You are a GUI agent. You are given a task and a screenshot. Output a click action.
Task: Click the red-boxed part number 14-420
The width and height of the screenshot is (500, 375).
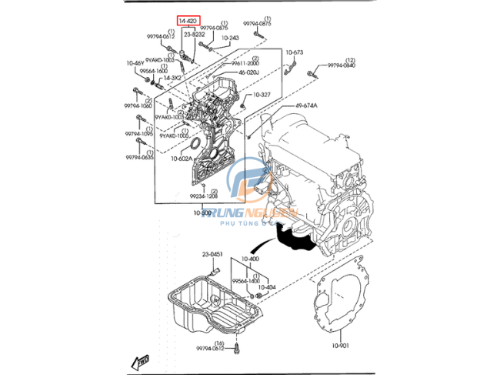[188, 20]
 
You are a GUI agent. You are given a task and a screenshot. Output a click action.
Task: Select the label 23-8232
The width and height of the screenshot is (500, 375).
[194, 34]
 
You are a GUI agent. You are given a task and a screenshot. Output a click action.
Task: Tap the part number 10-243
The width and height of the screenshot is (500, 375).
[230, 37]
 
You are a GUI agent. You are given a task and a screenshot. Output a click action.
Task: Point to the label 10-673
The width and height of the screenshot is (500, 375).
[294, 52]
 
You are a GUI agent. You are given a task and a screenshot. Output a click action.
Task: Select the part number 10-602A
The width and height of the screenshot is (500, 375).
[182, 159]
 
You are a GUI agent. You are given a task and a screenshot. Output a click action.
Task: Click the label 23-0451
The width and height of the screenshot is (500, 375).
[212, 254]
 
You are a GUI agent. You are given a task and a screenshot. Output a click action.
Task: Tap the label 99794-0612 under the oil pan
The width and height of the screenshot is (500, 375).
[208, 349]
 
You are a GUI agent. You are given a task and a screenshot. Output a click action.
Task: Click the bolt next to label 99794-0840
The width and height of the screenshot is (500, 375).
[312, 75]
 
